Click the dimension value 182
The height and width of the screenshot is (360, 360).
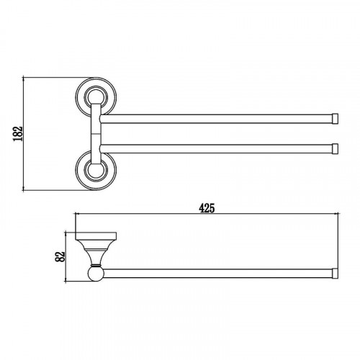tap(18, 133)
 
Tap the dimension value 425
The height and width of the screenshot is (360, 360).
tap(207, 208)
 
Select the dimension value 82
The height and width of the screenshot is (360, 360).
tap(60, 256)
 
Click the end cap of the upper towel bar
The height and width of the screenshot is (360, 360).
tap(335, 119)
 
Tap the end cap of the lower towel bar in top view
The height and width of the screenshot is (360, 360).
tap(335, 149)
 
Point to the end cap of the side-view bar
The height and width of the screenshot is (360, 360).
tap(335, 274)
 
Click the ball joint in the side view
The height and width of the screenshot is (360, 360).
tap(96, 274)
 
